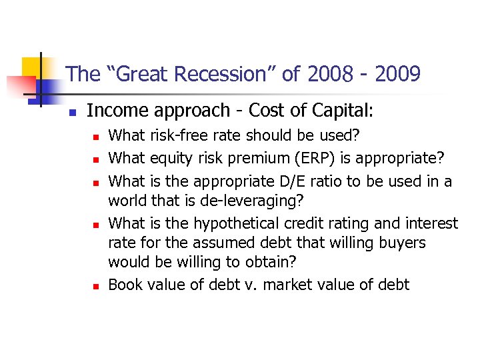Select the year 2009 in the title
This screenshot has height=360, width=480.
click(398, 74)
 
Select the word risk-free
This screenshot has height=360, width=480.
click(177, 136)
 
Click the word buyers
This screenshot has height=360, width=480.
click(403, 243)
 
